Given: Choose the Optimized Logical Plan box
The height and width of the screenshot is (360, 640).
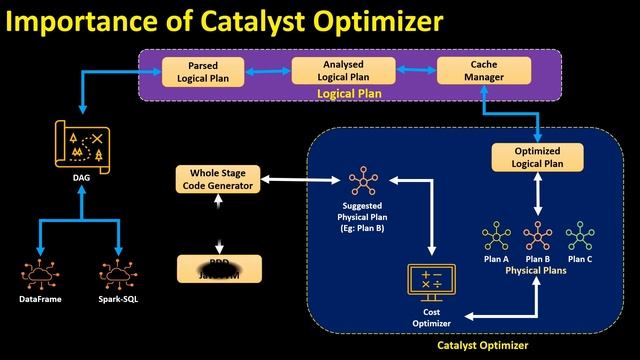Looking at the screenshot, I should point(538,157).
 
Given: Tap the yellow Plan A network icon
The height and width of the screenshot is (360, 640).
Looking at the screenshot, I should point(495,236).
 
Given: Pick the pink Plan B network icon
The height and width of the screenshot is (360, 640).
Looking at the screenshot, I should point(538,236).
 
